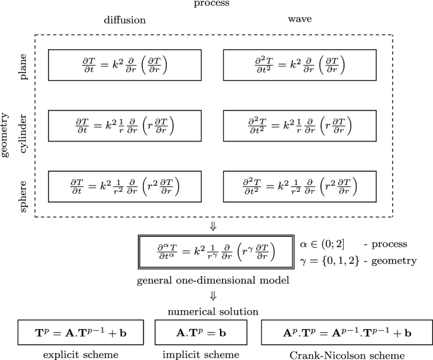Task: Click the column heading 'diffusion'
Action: (125, 20)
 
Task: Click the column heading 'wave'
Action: (300, 19)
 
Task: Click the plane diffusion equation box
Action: (125, 64)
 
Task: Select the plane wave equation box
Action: (300, 64)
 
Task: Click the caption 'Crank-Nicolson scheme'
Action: (347, 354)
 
